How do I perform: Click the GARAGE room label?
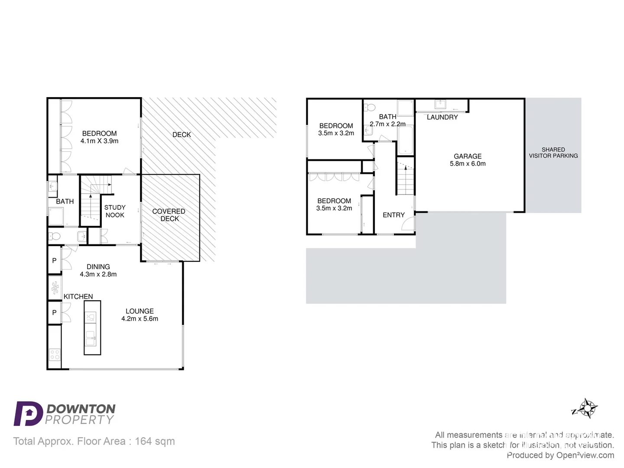pyautogui.click(x=468, y=156)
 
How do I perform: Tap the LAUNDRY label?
pyautogui.click(x=442, y=117)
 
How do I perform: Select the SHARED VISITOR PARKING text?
pyautogui.click(x=553, y=153)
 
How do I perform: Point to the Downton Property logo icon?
pyautogui.click(x=28, y=413)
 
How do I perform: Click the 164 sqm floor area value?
pyautogui.click(x=155, y=441)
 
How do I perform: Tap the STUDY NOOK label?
pyautogui.click(x=115, y=211)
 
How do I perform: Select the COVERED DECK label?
pyautogui.click(x=169, y=215)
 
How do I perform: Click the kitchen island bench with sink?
pyautogui.click(x=92, y=328)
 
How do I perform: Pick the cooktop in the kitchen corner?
pyautogui.click(x=55, y=355)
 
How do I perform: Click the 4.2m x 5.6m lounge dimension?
pyautogui.click(x=140, y=318)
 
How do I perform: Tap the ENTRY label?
pyautogui.click(x=393, y=215)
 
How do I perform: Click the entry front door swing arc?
pyautogui.click(x=408, y=223)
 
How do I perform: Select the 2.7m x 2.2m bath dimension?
pyautogui.click(x=387, y=124)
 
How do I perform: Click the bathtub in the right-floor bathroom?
pyautogui.click(x=406, y=140)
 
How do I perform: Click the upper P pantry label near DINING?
pyautogui.click(x=54, y=260)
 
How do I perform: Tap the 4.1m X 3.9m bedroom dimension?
pyautogui.click(x=99, y=141)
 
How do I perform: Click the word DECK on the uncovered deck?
pyautogui.click(x=182, y=135)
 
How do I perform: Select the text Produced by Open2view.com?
pyautogui.click(x=560, y=455)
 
